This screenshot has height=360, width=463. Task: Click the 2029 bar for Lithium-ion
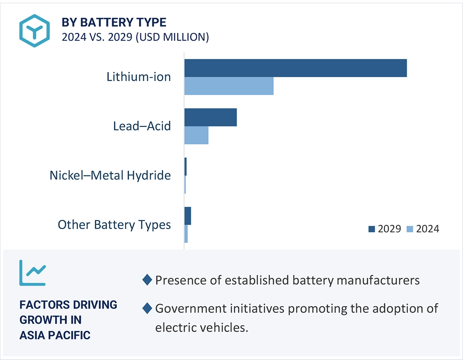295,68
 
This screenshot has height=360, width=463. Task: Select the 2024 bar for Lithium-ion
229,86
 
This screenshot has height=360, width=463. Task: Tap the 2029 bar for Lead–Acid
211,117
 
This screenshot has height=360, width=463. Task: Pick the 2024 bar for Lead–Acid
196,135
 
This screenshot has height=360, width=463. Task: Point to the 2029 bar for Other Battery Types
188,216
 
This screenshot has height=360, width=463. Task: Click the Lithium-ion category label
139,76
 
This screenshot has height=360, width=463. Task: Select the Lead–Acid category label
142,126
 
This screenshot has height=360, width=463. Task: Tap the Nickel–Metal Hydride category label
110,175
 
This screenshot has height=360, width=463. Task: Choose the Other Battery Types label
114,225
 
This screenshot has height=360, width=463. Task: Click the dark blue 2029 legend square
371,229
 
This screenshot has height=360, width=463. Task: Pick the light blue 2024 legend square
410,229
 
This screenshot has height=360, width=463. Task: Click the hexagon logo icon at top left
34,30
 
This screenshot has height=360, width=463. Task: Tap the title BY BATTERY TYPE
114,22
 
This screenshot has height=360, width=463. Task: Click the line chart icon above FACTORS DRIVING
32,273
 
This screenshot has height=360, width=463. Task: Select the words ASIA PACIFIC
55,335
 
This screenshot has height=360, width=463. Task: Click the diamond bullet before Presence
147,280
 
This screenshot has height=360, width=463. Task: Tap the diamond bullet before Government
147,308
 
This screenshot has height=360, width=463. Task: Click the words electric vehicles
201,328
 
